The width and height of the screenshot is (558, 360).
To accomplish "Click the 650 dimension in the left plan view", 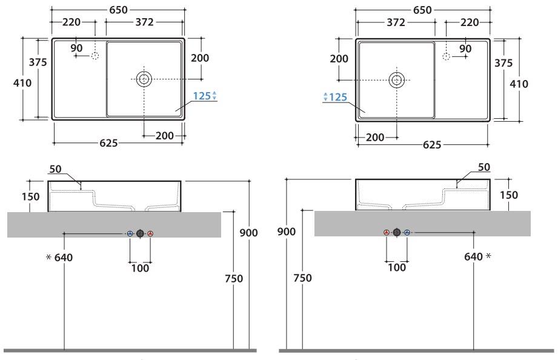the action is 118,10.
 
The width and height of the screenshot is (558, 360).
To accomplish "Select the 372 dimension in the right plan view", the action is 396,22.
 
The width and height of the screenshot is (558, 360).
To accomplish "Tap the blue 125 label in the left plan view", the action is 202,96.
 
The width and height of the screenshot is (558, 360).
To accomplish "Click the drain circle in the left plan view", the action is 144,79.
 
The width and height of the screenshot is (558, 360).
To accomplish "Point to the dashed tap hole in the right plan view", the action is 446,56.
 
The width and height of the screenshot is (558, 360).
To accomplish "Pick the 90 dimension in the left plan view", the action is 76,48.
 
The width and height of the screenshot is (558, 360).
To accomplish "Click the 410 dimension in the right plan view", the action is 519,84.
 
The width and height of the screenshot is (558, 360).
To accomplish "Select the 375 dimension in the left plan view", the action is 38,62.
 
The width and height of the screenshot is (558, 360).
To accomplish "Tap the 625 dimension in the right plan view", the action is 432,145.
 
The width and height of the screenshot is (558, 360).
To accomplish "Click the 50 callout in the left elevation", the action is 56,168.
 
